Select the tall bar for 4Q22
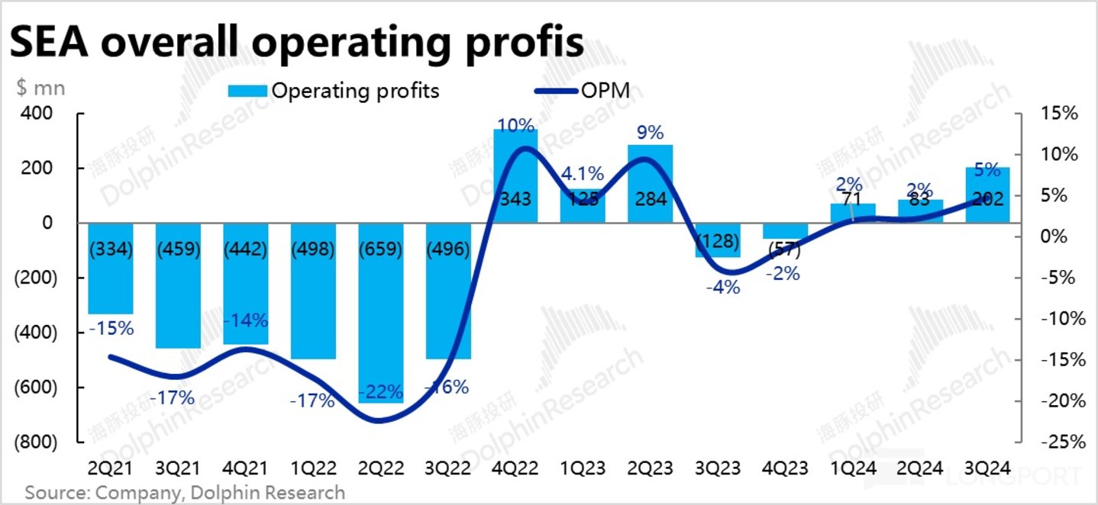pyautogui.click(x=515, y=176)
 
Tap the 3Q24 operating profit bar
pyautogui.click(x=987, y=195)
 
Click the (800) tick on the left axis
pyautogui.click(x=34, y=442)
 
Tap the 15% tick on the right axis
pyautogui.click(x=1058, y=114)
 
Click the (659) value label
pyautogui.click(x=380, y=250)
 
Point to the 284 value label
pyautogui.click(x=650, y=200)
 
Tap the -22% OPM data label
pyautogui.click(x=380, y=392)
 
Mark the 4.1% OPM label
pyautogui.click(x=583, y=174)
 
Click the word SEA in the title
pyautogui.click(x=47, y=44)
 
